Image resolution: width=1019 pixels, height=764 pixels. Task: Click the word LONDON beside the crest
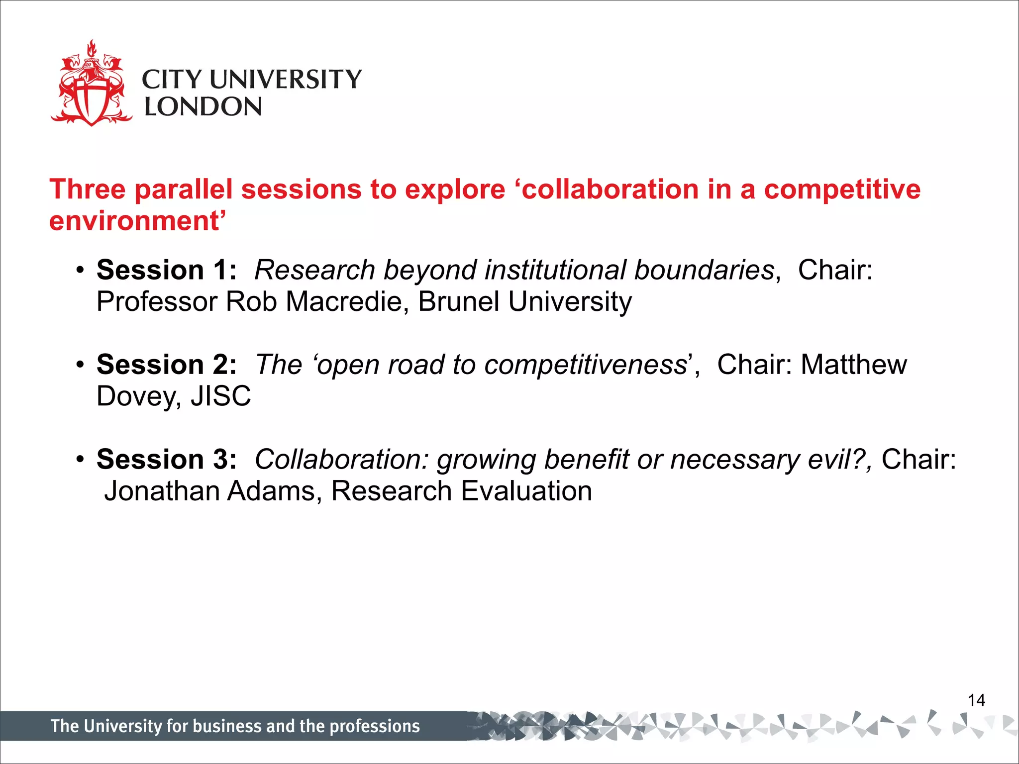(x=203, y=107)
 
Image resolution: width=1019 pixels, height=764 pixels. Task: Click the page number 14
(x=976, y=700)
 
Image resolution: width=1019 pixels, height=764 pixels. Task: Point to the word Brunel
(x=458, y=302)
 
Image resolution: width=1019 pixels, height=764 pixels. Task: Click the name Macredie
(x=343, y=302)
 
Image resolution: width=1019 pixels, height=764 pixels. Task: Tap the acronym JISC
(x=221, y=396)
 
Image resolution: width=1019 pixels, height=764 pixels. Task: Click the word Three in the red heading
(x=87, y=190)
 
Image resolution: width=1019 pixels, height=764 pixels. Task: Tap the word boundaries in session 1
(x=704, y=270)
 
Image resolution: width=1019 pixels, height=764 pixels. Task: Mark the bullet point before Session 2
(x=80, y=365)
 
